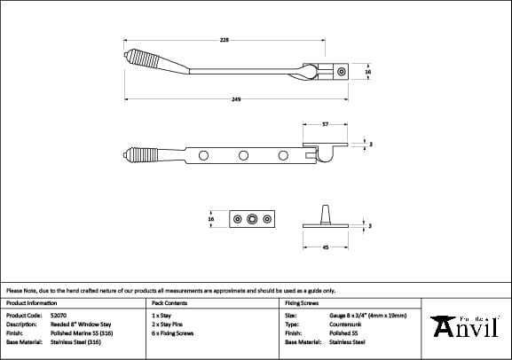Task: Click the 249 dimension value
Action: click(236, 99)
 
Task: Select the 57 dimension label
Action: click(326, 124)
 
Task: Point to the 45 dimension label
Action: click(326, 247)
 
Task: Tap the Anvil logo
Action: click(464, 325)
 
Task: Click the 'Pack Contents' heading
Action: click(168, 302)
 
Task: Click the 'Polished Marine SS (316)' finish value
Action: click(81, 333)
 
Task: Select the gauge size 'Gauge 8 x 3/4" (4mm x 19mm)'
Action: click(366, 315)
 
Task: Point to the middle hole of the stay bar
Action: click(242, 157)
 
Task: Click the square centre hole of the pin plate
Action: click(253, 219)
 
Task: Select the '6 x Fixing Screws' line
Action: click(173, 333)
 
